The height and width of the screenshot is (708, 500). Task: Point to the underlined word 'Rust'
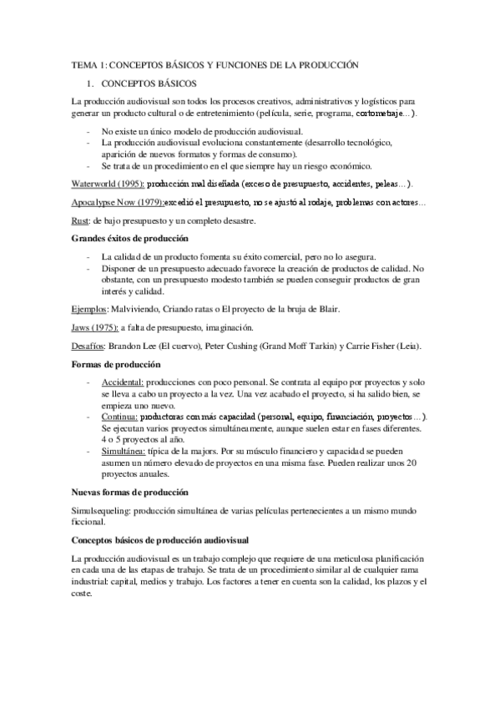(x=80, y=221)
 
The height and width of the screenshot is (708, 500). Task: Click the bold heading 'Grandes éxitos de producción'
(x=128, y=240)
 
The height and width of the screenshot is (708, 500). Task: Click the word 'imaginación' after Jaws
(x=228, y=327)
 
